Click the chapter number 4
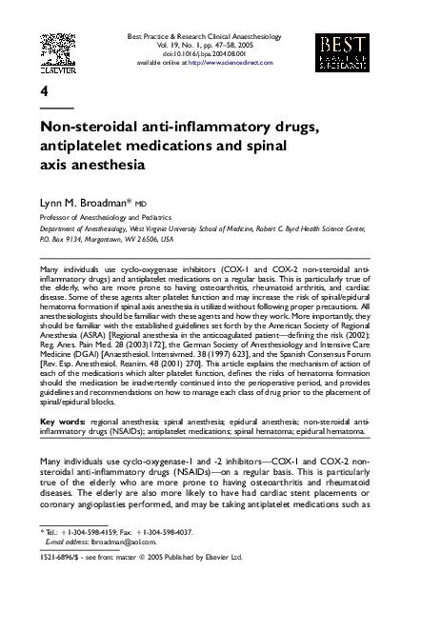click(44, 91)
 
